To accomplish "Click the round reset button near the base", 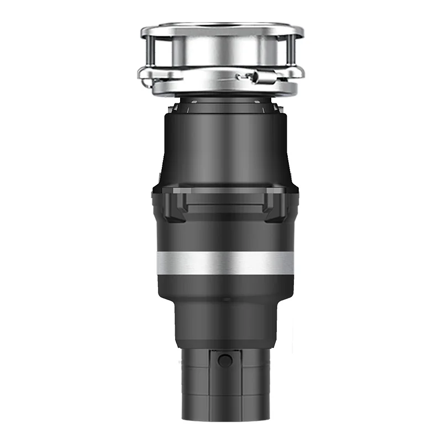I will point(225,361).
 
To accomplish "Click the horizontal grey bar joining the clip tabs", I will point(224,193).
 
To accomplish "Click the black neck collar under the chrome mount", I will point(224,103).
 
